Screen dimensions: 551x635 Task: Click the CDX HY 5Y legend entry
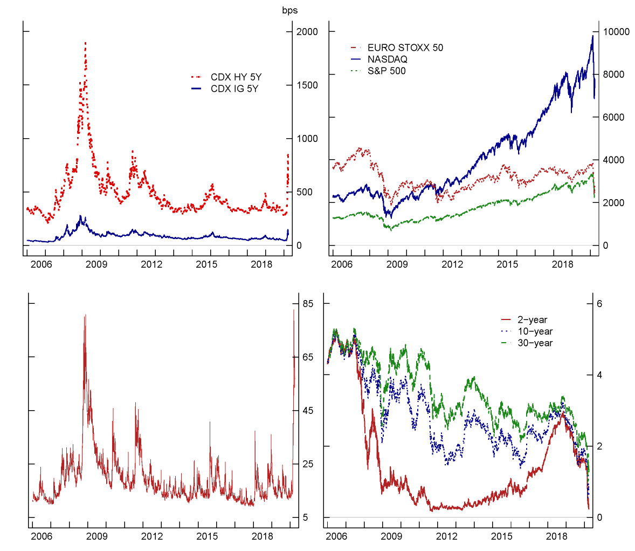[236, 77]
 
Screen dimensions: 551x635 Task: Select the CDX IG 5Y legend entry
[234, 89]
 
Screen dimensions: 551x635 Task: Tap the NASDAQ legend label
[387, 59]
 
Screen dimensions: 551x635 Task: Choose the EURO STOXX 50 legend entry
[405, 47]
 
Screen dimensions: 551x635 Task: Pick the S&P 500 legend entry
[386, 71]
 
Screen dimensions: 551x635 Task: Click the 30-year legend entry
[535, 343]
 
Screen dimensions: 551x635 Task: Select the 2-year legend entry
[532, 320]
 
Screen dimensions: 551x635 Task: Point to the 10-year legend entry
[535, 331]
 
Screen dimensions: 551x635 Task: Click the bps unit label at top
[290, 10]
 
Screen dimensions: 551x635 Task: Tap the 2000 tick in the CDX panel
[307, 32]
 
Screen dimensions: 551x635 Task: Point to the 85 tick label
[308, 304]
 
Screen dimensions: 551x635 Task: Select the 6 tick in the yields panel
[599, 304]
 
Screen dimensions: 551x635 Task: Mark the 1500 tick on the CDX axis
[307, 85]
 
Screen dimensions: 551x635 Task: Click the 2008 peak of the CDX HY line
[85, 43]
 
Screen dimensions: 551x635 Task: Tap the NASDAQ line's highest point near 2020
[592, 36]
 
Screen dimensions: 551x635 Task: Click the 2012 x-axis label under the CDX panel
[151, 264]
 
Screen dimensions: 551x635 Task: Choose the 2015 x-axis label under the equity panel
[507, 264]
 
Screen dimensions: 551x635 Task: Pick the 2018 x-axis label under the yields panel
[557, 536]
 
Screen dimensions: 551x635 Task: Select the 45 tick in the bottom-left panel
[308, 411]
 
